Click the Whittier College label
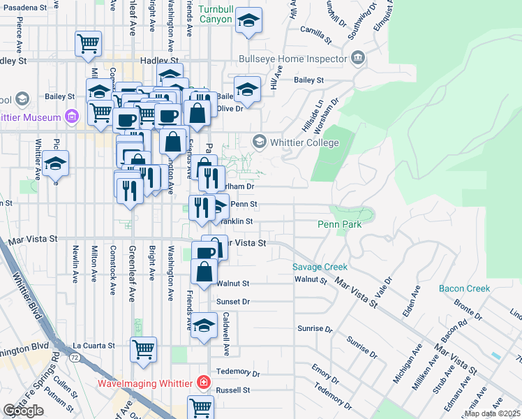[305, 142]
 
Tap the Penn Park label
[340, 225]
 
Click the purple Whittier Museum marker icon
[70, 117]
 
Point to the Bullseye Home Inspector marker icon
[358, 57]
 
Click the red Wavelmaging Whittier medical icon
[203, 382]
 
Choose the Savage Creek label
[320, 267]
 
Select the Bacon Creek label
[464, 288]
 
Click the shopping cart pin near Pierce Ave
[89, 43]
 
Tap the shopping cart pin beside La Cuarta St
[143, 348]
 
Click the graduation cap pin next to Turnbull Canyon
[248, 21]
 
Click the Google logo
[23, 411]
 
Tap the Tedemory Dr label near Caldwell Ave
[237, 373]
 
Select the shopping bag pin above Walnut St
[203, 272]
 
